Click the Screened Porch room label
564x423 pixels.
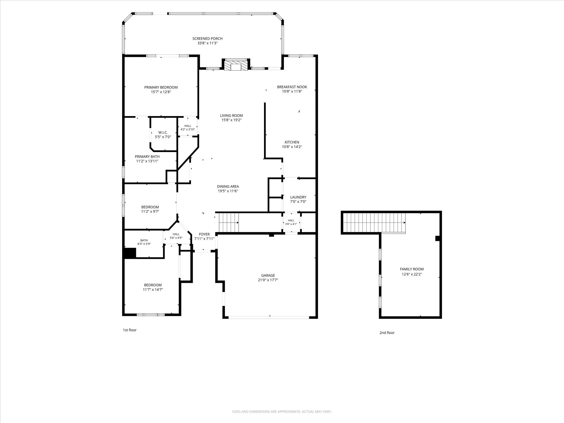(x=207, y=39)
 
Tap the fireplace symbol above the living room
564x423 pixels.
(x=236, y=65)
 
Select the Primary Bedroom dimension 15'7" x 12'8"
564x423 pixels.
(x=161, y=92)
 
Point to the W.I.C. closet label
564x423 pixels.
(x=163, y=132)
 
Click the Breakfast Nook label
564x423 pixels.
(x=292, y=87)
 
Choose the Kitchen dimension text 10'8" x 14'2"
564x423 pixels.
(x=292, y=147)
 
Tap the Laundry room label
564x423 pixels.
(x=298, y=197)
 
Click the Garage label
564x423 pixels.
(x=268, y=275)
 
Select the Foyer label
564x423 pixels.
(x=204, y=234)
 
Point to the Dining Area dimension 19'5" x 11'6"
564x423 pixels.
(x=228, y=191)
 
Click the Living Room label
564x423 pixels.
(x=232, y=115)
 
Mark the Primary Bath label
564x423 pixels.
(x=147, y=157)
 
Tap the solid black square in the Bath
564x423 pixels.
(x=130, y=253)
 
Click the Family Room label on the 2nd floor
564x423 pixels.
(x=412, y=269)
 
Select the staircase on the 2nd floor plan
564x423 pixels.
(x=374, y=223)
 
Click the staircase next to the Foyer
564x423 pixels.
(x=229, y=222)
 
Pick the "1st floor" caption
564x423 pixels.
(x=130, y=330)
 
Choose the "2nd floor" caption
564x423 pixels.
(x=387, y=332)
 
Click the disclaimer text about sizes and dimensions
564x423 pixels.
(x=282, y=411)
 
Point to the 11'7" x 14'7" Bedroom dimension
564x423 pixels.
(x=153, y=290)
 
